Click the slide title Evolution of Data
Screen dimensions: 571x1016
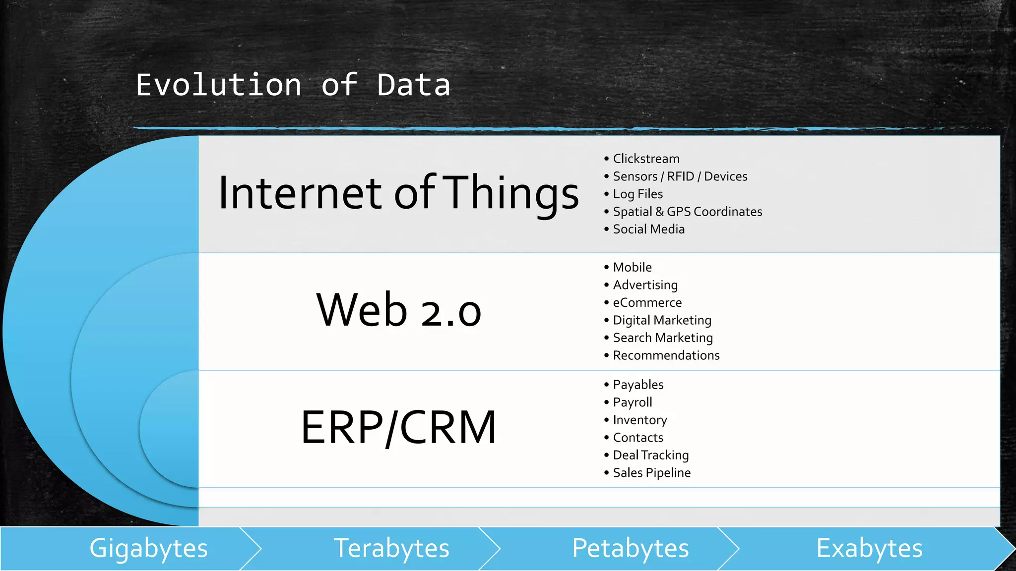[x=293, y=85]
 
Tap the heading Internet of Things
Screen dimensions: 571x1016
[x=398, y=193]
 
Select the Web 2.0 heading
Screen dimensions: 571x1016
[x=398, y=311]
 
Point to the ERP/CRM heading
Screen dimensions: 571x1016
[x=398, y=427]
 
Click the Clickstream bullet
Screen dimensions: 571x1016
[x=646, y=159]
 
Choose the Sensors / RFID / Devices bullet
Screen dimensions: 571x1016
[x=680, y=176]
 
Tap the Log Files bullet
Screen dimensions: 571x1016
[x=637, y=194]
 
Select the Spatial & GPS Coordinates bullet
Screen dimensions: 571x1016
[x=687, y=212]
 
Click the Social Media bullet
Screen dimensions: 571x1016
[x=648, y=229]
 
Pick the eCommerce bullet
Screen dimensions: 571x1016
[x=647, y=302]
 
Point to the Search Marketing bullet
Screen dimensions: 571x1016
[x=663, y=338]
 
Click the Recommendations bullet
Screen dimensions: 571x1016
[x=666, y=355]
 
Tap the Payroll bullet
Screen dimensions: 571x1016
[x=633, y=402]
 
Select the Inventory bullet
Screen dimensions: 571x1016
[x=640, y=420]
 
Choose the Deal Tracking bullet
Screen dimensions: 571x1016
[x=650, y=456]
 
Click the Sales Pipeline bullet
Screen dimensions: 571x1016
[x=651, y=473]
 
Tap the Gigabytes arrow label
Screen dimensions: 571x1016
[x=148, y=549]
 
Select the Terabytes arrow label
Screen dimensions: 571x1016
[x=391, y=549]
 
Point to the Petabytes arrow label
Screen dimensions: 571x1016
[x=631, y=549]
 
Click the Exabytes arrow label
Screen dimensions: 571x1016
[x=869, y=549]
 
